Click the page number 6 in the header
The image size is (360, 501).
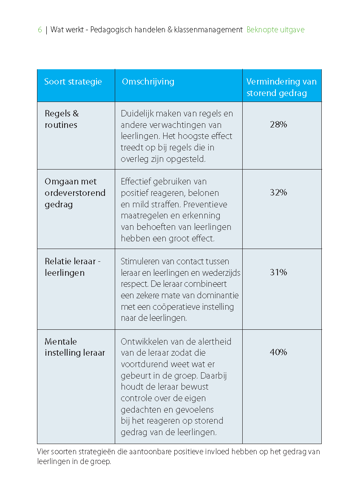(40, 30)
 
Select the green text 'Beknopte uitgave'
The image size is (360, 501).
(275, 30)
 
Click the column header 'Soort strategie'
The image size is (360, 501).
(73, 82)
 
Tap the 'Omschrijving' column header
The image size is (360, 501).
(148, 82)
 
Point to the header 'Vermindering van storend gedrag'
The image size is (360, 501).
(281, 87)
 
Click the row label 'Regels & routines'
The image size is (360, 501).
(62, 119)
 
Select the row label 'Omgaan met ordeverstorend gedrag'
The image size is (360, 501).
(75, 192)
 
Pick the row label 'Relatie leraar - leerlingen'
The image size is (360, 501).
(72, 267)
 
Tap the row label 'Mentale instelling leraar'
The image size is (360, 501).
(74, 347)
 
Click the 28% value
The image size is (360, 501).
(278, 125)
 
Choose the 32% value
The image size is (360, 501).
(278, 192)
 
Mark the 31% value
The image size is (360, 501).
(278, 272)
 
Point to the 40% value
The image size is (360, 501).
(278, 352)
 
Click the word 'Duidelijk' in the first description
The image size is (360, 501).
(136, 113)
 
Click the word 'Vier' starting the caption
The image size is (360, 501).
(43, 452)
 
